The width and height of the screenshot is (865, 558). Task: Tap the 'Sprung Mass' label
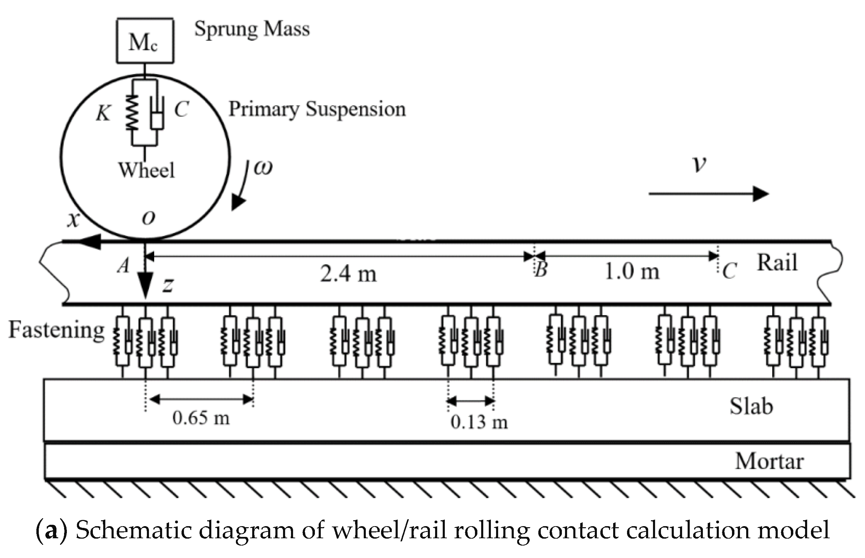click(x=251, y=29)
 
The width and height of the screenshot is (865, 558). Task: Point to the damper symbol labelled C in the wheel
click(x=157, y=112)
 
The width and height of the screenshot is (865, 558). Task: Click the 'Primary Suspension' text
click(x=317, y=109)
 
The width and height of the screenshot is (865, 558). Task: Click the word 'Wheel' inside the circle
click(x=146, y=170)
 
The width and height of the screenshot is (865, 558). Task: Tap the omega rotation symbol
click(x=263, y=168)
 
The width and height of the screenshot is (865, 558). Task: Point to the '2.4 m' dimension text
click(x=348, y=273)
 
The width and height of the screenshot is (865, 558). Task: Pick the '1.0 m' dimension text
click(x=632, y=271)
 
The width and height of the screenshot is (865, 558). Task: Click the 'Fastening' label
click(x=56, y=330)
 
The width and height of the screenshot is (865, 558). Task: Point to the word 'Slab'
click(x=751, y=406)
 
